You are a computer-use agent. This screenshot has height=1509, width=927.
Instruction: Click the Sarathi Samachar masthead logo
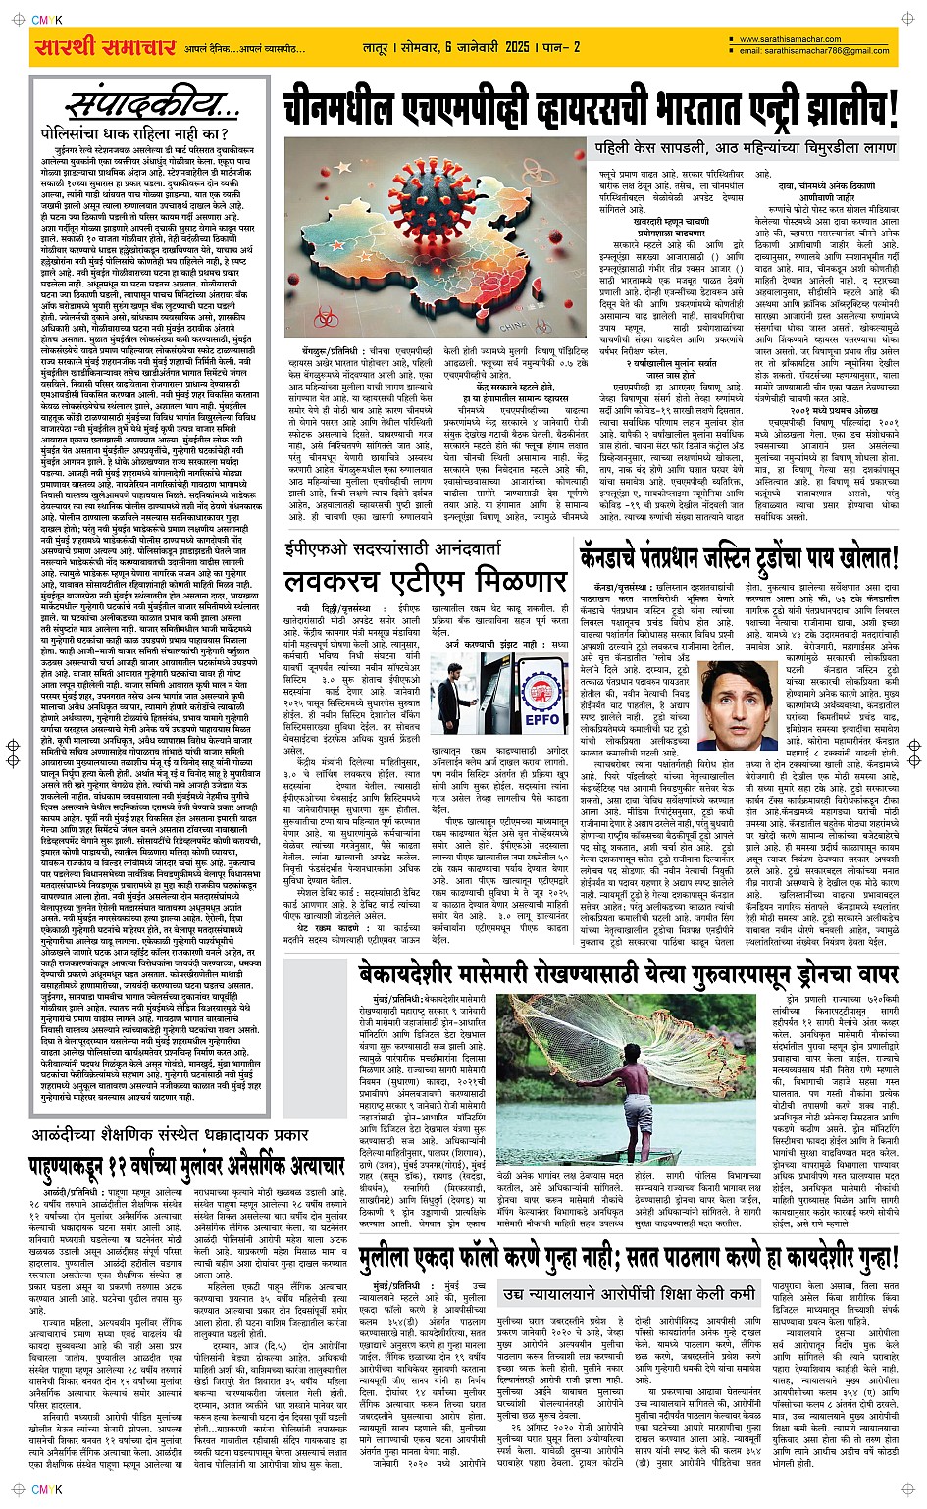[105, 47]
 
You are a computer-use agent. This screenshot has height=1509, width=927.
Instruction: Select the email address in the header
[814, 51]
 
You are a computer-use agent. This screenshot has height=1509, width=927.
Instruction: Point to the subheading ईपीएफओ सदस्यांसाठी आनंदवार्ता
[392, 547]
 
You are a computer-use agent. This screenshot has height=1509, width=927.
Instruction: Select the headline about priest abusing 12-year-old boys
[187, 1166]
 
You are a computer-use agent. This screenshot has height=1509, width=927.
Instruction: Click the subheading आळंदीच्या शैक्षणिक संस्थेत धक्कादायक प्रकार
[187, 1135]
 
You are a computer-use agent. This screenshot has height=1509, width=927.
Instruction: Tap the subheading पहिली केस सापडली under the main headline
[746, 147]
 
